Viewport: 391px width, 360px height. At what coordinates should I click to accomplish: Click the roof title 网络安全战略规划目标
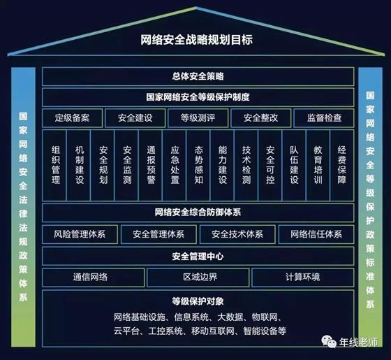197,40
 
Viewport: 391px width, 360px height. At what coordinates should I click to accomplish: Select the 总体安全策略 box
198,76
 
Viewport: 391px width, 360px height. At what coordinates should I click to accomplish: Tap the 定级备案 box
73,118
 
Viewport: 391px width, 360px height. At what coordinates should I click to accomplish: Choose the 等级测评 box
198,118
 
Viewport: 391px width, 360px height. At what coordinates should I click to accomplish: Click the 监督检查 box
324,118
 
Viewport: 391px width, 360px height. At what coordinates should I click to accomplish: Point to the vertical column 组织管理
55,165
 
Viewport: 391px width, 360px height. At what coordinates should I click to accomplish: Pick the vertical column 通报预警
151,165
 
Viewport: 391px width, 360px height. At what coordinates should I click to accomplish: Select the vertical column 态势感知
198,165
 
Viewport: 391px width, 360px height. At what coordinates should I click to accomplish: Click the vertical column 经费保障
342,165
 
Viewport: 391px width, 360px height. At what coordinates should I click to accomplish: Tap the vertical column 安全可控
270,165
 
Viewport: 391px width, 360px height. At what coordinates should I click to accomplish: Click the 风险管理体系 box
80,234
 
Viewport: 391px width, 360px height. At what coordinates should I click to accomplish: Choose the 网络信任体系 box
316,234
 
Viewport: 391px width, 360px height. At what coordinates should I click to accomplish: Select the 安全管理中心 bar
198,256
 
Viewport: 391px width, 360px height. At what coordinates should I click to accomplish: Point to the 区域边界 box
198,278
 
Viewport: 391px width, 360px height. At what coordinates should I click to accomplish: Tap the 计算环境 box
303,278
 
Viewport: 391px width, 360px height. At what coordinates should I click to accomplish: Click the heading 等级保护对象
198,301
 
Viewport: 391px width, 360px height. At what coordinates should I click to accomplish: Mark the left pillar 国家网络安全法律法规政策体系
23,207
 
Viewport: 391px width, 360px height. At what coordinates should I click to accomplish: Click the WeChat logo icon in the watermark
329,342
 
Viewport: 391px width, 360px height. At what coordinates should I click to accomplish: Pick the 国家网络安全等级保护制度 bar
198,97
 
